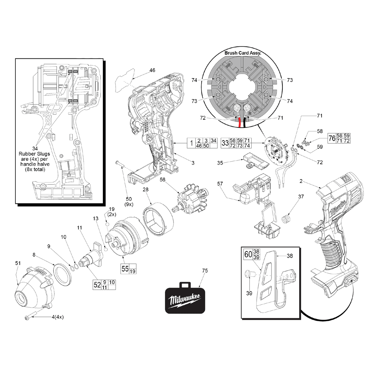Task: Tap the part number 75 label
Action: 205,270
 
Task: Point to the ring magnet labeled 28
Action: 155,218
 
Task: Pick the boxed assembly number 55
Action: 125,269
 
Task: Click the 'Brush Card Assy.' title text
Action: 243,53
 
